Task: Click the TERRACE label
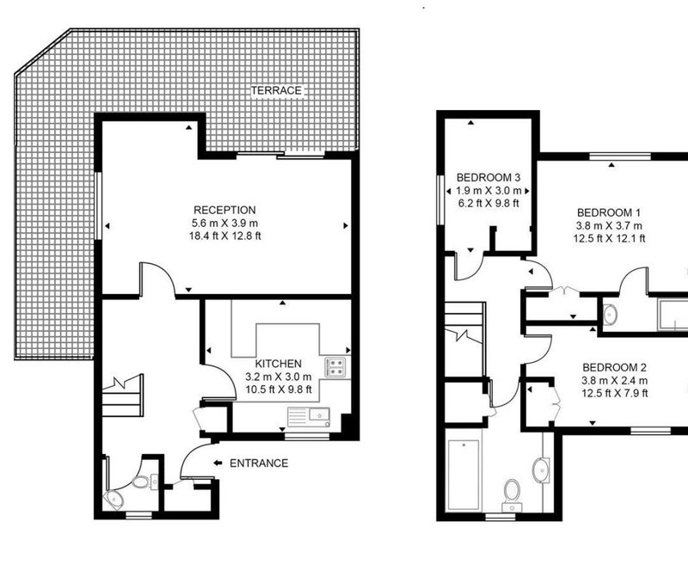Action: (x=276, y=90)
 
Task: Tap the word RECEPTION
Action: (x=224, y=210)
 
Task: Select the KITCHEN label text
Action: (x=278, y=364)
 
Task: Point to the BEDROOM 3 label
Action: (x=488, y=177)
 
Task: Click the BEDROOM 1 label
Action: (x=609, y=212)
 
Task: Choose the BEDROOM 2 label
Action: (x=614, y=367)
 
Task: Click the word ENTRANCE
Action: (x=259, y=463)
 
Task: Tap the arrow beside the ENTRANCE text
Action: (x=218, y=463)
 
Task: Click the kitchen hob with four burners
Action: (x=335, y=367)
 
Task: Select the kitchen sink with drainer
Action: (x=309, y=417)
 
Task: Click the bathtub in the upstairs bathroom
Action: (x=464, y=476)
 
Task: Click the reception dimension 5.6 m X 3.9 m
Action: (x=224, y=223)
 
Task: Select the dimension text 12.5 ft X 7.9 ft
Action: (x=614, y=393)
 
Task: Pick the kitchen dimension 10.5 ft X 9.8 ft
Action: (x=278, y=390)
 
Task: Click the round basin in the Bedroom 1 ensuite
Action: (x=610, y=314)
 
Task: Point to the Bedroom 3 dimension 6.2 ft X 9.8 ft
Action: (x=488, y=203)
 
